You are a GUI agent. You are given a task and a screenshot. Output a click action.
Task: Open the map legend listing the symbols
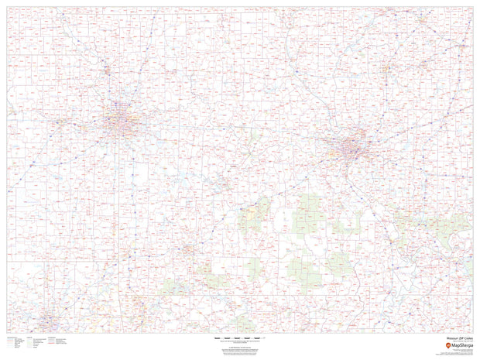pyautogui.click(x=35, y=343)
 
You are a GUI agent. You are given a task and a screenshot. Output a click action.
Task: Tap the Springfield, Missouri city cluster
pyautogui.click(x=188, y=249)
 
